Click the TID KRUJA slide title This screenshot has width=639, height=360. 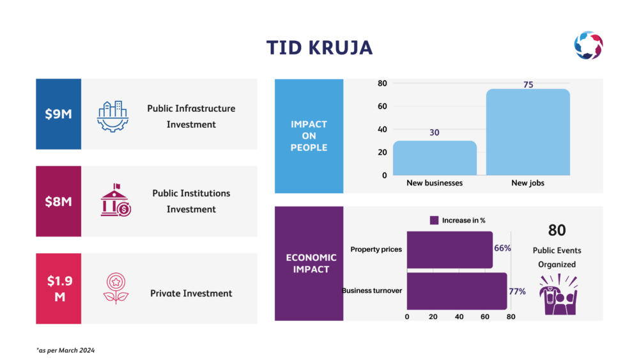tap(319, 48)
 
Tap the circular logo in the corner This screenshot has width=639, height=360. tap(589, 45)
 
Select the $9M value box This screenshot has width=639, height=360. tap(58, 114)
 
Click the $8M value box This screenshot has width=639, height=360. tap(58, 201)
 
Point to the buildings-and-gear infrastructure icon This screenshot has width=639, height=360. tap(113, 116)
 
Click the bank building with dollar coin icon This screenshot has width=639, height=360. tap(116, 200)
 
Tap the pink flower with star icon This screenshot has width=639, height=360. tap(116, 288)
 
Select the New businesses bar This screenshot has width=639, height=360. tap(435, 158)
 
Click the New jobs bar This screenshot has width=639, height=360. tap(528, 132)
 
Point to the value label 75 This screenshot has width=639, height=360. tap(528, 84)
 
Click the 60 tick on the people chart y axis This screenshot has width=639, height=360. tap(382, 106)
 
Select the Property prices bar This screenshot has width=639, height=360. tap(449, 250)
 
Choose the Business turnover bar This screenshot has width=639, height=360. tap(457, 291)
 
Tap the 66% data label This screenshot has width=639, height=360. tap(502, 248)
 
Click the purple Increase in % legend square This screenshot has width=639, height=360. tap(434, 220)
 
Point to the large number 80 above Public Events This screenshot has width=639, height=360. tap(557, 230)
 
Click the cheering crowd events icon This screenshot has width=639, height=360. tap(558, 294)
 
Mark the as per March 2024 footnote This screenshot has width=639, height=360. tap(65, 350)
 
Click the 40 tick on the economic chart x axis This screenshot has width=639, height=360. tap(459, 317)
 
